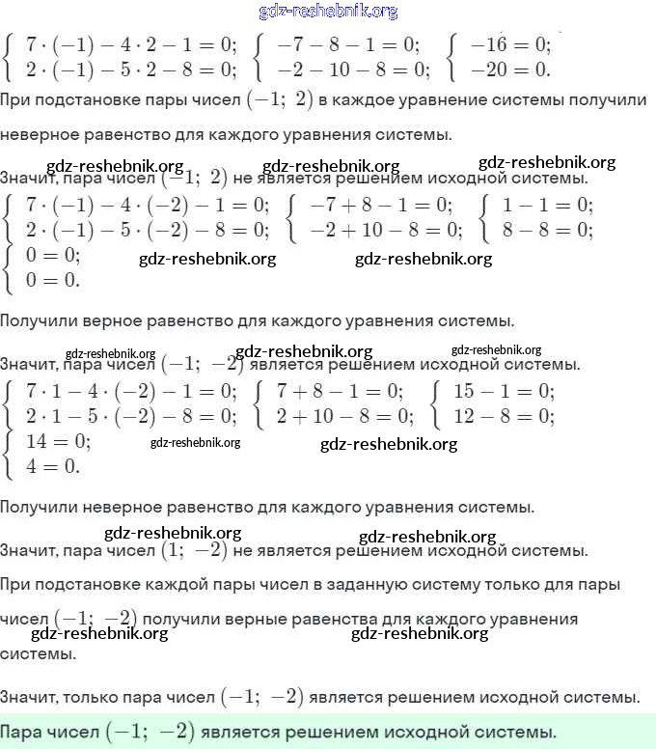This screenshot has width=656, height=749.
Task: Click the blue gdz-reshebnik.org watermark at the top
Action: tap(328, 12)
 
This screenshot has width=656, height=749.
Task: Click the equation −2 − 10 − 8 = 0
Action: tap(353, 69)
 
